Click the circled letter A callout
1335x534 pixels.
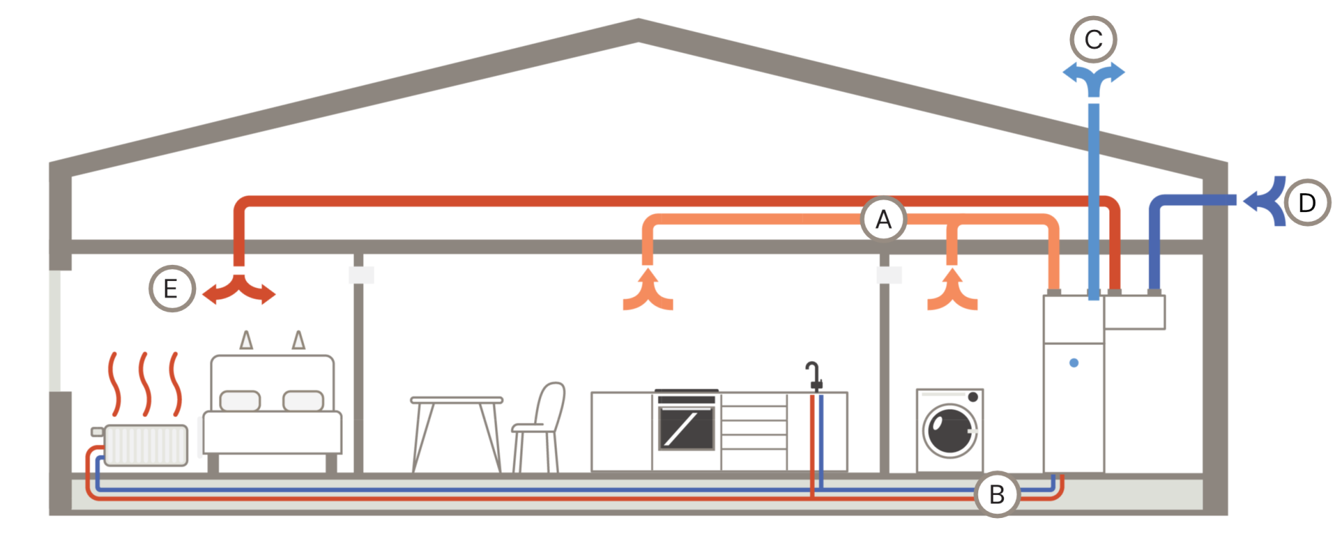[883, 219]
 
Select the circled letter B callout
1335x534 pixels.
[996, 494]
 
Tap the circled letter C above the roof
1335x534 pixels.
[1093, 40]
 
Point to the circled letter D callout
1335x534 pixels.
[1307, 202]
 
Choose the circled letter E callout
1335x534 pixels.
[171, 289]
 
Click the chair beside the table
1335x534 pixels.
[541, 424]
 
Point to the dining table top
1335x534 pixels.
[456, 400]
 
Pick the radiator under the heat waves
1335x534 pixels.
[145, 445]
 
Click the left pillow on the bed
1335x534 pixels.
[240, 401]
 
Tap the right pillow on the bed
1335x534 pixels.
[303, 401]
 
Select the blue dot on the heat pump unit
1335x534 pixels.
[1074, 363]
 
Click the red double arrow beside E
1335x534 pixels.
[238, 291]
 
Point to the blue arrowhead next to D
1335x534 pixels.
[1260, 202]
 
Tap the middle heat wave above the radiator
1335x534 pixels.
[145, 384]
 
